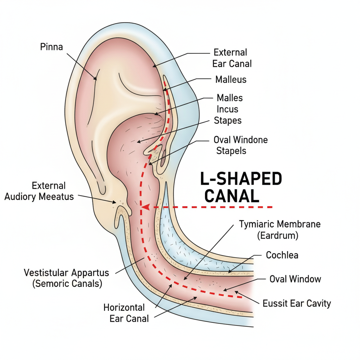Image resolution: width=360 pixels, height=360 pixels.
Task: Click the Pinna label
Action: pyautogui.click(x=51, y=46)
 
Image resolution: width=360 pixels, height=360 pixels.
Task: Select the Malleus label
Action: pyautogui.click(x=231, y=79)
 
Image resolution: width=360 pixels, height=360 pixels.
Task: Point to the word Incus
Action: pyautogui.click(x=227, y=109)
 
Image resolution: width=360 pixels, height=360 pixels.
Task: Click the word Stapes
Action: pyautogui.click(x=227, y=121)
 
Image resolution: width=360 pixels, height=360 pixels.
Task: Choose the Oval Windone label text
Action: pyautogui.click(x=240, y=140)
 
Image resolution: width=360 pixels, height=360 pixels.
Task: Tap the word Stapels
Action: pyautogui.click(x=231, y=151)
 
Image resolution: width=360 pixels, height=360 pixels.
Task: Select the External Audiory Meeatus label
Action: pyautogui.click(x=39, y=191)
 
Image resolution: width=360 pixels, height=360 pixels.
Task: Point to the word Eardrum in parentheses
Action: pyautogui.click(x=277, y=236)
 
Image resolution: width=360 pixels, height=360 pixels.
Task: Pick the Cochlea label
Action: pyautogui.click(x=282, y=255)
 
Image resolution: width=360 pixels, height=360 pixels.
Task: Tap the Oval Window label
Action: pyautogui.click(x=295, y=279)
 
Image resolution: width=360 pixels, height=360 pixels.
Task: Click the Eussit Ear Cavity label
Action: pyautogui.click(x=297, y=303)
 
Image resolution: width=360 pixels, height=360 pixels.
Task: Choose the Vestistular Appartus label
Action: pyautogui.click(x=66, y=272)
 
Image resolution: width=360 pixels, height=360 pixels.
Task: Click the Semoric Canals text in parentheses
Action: pyautogui.click(x=67, y=284)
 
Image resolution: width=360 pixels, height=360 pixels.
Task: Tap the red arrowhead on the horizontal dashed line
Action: pyautogui.click(x=145, y=207)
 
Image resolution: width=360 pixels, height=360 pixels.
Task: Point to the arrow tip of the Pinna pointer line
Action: pyautogui.click(x=96, y=79)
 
